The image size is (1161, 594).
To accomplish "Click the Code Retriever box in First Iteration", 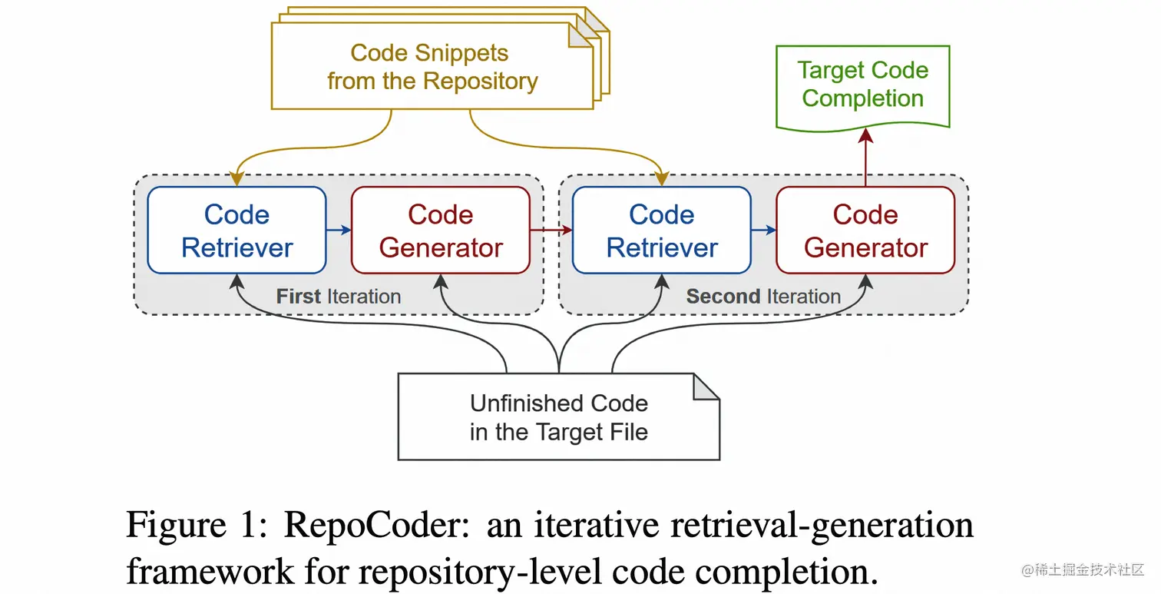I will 237,231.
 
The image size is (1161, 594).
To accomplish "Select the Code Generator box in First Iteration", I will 440,231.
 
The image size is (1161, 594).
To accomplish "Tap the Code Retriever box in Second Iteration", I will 661,231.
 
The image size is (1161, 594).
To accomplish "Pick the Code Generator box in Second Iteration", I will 865,231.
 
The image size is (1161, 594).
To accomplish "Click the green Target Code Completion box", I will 862,85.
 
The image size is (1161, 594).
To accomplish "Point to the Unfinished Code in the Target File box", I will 558,417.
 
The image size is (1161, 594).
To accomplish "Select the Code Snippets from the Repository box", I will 432,68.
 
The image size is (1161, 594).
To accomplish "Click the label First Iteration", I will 338,297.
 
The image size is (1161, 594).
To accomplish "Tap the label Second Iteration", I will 762,297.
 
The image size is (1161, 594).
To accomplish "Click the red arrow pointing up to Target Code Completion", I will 865,158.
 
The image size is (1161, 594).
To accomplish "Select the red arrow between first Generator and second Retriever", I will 551,230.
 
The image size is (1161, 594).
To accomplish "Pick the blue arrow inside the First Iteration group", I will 339,230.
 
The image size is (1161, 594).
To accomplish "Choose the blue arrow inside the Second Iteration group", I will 763,230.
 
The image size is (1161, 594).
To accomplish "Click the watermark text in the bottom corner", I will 1083,569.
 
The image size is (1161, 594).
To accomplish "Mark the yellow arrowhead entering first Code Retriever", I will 237,178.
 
